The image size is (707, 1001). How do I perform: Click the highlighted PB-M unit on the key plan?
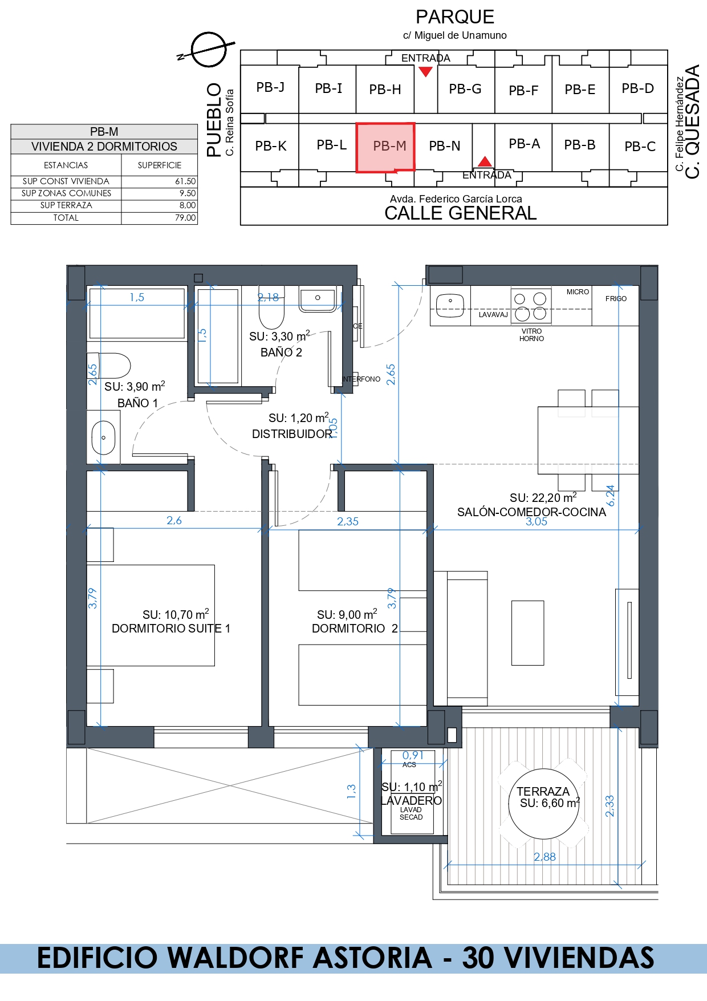tap(385, 147)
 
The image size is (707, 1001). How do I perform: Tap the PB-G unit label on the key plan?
tap(465, 89)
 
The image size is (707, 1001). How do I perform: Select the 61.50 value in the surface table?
tap(185, 181)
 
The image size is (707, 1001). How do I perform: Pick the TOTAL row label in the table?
tap(66, 218)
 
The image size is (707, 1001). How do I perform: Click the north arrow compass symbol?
tap(208, 50)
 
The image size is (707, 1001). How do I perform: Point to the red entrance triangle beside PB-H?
tap(425, 71)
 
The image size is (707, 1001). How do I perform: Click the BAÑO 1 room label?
tap(137, 403)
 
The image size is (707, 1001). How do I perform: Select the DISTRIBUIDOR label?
tap(292, 434)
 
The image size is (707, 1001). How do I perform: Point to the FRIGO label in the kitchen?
tap(616, 299)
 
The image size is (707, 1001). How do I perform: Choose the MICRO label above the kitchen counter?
tap(578, 292)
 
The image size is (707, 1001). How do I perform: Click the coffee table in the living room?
tap(527, 633)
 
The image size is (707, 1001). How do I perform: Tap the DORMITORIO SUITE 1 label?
tap(171, 629)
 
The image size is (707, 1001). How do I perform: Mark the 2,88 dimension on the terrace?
tap(545, 857)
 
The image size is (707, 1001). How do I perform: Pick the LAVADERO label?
tap(411, 801)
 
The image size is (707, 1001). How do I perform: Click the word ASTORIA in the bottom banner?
tap(372, 958)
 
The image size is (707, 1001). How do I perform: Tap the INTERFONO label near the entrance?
tap(361, 379)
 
